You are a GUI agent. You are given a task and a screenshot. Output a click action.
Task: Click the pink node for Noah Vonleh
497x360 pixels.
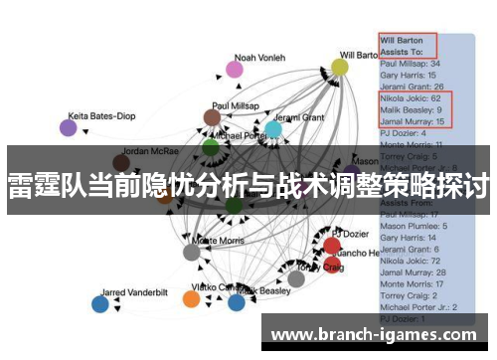[235, 69]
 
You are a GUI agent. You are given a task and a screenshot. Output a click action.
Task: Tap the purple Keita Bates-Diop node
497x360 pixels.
[68, 127]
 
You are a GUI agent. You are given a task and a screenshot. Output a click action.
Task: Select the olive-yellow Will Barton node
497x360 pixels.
[340, 67]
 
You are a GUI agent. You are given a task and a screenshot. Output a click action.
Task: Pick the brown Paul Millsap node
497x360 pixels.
[212, 117]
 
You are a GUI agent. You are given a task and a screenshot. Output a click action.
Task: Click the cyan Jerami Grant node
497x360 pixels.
[273, 129]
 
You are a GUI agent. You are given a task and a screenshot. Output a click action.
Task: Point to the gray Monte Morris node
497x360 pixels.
[192, 252]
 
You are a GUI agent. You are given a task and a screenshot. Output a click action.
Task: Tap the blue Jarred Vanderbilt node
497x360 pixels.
[99, 304]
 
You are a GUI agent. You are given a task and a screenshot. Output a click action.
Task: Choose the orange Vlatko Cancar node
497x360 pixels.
[192, 299]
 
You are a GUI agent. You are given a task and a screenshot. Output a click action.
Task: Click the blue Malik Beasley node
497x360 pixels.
[237, 302]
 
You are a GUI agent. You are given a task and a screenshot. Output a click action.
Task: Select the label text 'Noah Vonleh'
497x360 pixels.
[258, 57]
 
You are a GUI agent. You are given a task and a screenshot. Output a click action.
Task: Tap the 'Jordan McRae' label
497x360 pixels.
[150, 153]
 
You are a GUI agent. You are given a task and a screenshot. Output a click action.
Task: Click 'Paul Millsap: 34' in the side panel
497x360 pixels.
[411, 62]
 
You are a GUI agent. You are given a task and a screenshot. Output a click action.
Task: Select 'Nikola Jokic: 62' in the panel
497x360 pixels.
[410, 99]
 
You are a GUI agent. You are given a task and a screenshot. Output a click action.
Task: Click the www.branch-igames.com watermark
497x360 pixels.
[377, 334]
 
